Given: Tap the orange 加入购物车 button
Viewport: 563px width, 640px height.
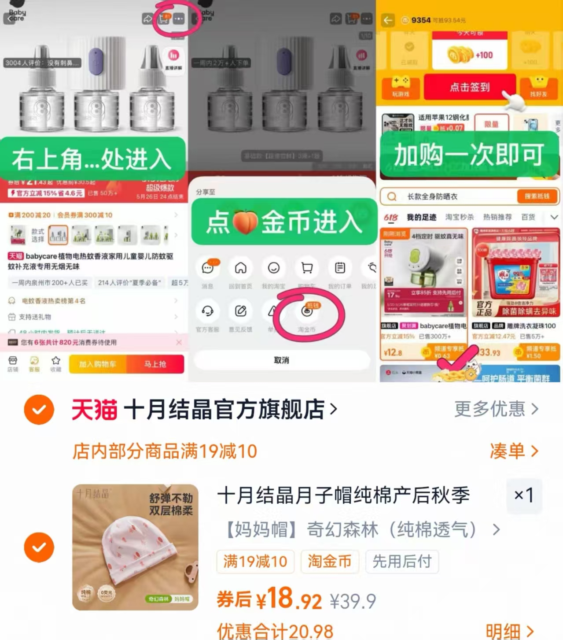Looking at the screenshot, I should coord(98,364).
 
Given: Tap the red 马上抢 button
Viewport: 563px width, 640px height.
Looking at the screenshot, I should coord(155,364).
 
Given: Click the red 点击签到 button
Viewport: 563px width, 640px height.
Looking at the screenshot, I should coord(469,87).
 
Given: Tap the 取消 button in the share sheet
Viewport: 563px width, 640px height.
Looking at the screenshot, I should coord(282,360).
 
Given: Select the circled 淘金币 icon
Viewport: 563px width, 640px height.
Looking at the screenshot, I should coord(307,312).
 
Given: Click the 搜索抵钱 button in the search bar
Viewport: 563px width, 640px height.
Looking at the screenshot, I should coord(537,196).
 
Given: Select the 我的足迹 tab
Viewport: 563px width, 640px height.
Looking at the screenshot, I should coord(421,217).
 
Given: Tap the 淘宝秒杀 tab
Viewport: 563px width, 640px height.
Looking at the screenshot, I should coord(460,217).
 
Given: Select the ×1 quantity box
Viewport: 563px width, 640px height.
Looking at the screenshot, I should coord(524,495).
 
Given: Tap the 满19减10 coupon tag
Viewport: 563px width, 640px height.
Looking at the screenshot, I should coord(255,562).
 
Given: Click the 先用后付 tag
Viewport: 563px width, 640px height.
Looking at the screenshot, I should coord(402,562).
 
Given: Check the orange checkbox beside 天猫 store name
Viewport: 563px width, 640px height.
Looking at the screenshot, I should coord(39,410).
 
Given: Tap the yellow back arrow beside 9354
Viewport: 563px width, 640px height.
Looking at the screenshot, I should coord(388,20).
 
